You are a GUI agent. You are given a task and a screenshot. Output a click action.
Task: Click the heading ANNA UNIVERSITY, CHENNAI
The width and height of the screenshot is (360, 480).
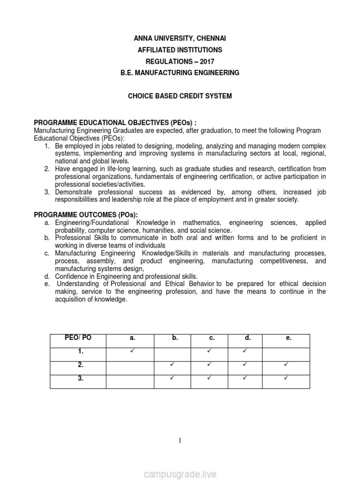coord(180,38)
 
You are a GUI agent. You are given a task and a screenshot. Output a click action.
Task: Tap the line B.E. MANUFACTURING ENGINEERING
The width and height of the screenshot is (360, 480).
coord(180,73)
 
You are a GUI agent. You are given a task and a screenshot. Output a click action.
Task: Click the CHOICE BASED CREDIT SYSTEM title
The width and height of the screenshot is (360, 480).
coord(180,96)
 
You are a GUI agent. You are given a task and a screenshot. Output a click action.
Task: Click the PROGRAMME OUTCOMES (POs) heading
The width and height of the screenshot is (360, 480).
coord(86,215)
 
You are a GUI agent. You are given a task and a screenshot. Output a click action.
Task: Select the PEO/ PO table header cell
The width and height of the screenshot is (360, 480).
coord(78,338)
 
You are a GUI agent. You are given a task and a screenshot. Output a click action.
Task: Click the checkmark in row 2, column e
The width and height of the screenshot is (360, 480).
coord(285,364)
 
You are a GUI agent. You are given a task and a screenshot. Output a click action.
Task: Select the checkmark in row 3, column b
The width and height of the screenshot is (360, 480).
coord(172,378)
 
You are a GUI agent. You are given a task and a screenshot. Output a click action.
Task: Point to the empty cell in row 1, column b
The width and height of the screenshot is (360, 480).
coord(172,354)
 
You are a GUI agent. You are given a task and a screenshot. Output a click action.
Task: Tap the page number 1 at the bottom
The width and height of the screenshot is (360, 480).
coord(180,440)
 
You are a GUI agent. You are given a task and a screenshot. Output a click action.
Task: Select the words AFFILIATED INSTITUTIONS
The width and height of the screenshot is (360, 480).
coord(180,50)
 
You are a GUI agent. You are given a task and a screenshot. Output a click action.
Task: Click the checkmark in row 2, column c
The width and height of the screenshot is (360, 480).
coord(210,364)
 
